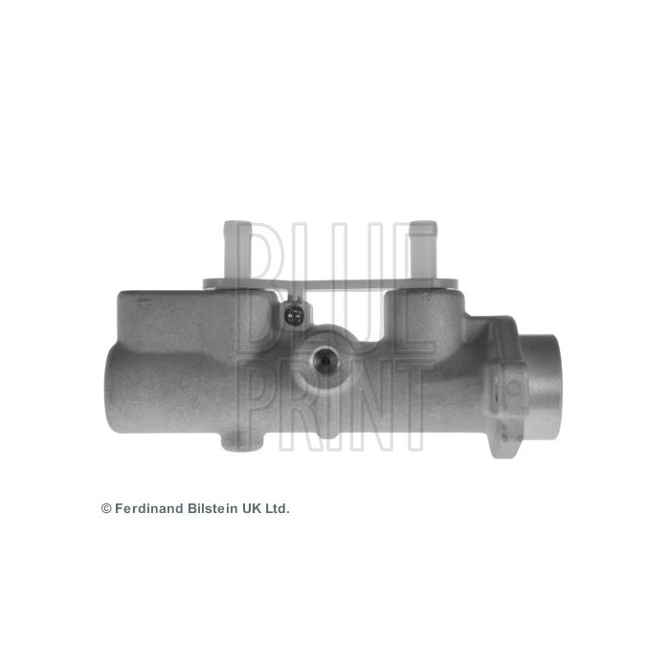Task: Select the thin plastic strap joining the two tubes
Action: click(330, 283)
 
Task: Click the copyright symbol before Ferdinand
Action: click(106, 509)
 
